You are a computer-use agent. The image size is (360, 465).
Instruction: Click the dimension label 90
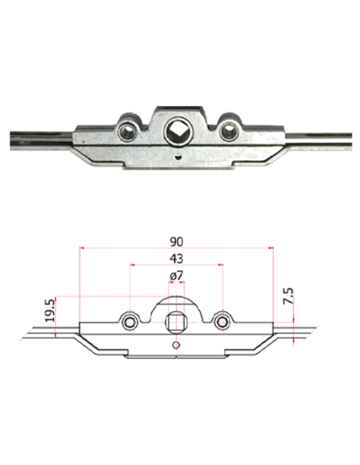coord(177,242)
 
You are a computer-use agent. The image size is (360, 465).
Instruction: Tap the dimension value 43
coord(177,259)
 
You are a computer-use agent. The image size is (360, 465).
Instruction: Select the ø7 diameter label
coord(177,275)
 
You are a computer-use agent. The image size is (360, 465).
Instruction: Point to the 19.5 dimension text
coord(50,311)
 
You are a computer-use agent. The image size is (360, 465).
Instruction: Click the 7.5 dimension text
coord(288,295)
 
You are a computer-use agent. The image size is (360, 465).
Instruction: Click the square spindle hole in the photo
coord(175,131)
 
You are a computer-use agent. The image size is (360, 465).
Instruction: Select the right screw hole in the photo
coord(228,131)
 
